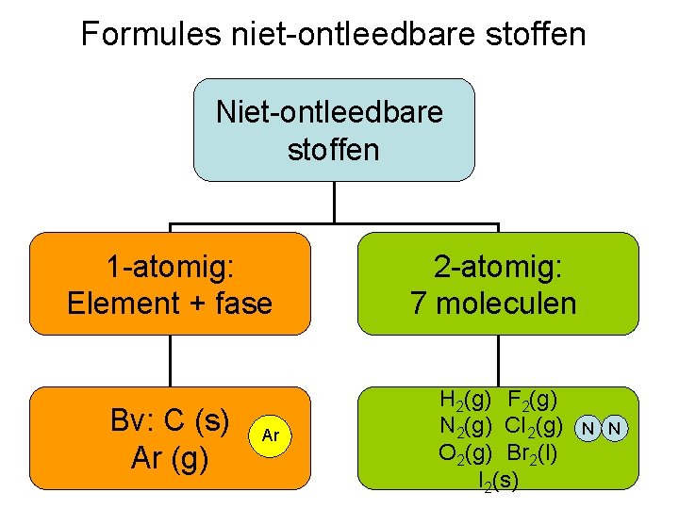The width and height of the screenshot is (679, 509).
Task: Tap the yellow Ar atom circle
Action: (271, 435)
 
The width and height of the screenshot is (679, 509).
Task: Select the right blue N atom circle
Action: (614, 429)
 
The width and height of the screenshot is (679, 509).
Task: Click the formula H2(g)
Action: (464, 403)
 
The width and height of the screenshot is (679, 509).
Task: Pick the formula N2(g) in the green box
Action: (464, 427)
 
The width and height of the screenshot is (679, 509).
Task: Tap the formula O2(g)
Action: (464, 452)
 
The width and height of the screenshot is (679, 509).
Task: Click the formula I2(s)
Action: (498, 478)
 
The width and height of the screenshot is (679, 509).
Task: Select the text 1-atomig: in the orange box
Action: (170, 269)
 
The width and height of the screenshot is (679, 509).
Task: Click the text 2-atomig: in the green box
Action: (498, 269)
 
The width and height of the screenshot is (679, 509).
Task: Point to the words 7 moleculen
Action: (493, 303)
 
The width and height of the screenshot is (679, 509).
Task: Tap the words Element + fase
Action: (170, 303)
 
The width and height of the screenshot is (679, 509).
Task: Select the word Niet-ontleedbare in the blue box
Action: (330, 112)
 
